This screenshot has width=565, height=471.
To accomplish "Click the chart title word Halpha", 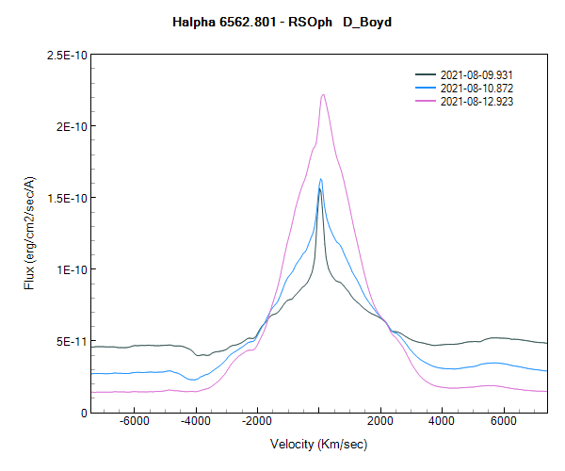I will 195,22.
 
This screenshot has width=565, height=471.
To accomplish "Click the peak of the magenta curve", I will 323,94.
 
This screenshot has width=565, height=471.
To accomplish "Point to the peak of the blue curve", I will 321,179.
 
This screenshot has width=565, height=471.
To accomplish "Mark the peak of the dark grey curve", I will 319,189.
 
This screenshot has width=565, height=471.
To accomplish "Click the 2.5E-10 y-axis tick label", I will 67,56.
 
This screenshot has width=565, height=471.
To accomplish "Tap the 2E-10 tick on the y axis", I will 71,127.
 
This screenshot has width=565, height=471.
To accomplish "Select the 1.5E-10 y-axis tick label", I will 67,199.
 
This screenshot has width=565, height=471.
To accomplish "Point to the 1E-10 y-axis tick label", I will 71,270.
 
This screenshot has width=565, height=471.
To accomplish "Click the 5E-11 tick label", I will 71,341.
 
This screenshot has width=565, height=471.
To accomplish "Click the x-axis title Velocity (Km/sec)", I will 319,444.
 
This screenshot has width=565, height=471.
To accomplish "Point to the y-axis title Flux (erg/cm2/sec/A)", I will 29,234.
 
